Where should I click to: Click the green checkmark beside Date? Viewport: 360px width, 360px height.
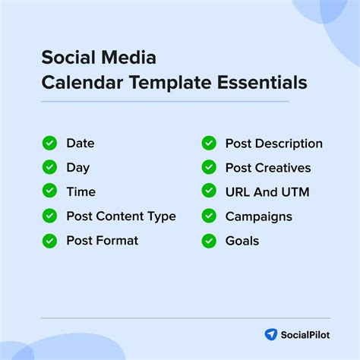coord(49,143)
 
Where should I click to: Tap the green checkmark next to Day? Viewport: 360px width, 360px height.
coord(49,167)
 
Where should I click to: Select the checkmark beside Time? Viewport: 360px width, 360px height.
coord(49,191)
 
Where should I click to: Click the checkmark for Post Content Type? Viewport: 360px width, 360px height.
coord(49,216)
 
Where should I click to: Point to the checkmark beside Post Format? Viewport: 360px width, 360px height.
coord(49,241)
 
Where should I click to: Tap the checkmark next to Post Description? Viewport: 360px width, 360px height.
coord(209,143)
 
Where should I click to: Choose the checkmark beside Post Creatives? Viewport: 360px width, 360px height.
coord(209,167)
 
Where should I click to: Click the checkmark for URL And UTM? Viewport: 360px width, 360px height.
coord(209,191)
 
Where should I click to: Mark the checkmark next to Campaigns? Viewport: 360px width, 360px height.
coord(209,216)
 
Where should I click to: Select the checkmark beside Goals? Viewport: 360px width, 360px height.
coord(209,241)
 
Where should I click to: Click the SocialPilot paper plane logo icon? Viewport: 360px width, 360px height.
coord(270,334)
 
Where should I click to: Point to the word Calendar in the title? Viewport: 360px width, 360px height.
coord(75,83)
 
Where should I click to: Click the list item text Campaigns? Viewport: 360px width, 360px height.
coord(258,216)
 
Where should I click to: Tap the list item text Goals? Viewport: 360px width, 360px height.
coord(242,241)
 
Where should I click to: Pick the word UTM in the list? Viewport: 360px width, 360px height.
coord(294,191)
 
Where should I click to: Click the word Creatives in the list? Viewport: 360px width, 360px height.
coord(282,167)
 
